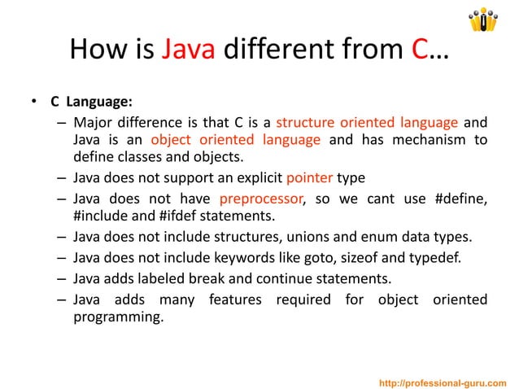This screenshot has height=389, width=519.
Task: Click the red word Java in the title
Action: pyautogui.click(x=188, y=50)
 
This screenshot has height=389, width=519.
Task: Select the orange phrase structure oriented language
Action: pyautogui.click(x=367, y=123)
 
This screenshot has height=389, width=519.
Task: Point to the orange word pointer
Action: pyautogui.click(x=307, y=177)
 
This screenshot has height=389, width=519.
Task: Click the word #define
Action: pyautogui.click(x=461, y=199)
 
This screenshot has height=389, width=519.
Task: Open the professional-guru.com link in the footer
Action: pyautogui.click(x=443, y=382)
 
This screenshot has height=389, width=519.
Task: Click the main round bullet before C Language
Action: pyautogui.click(x=34, y=103)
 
